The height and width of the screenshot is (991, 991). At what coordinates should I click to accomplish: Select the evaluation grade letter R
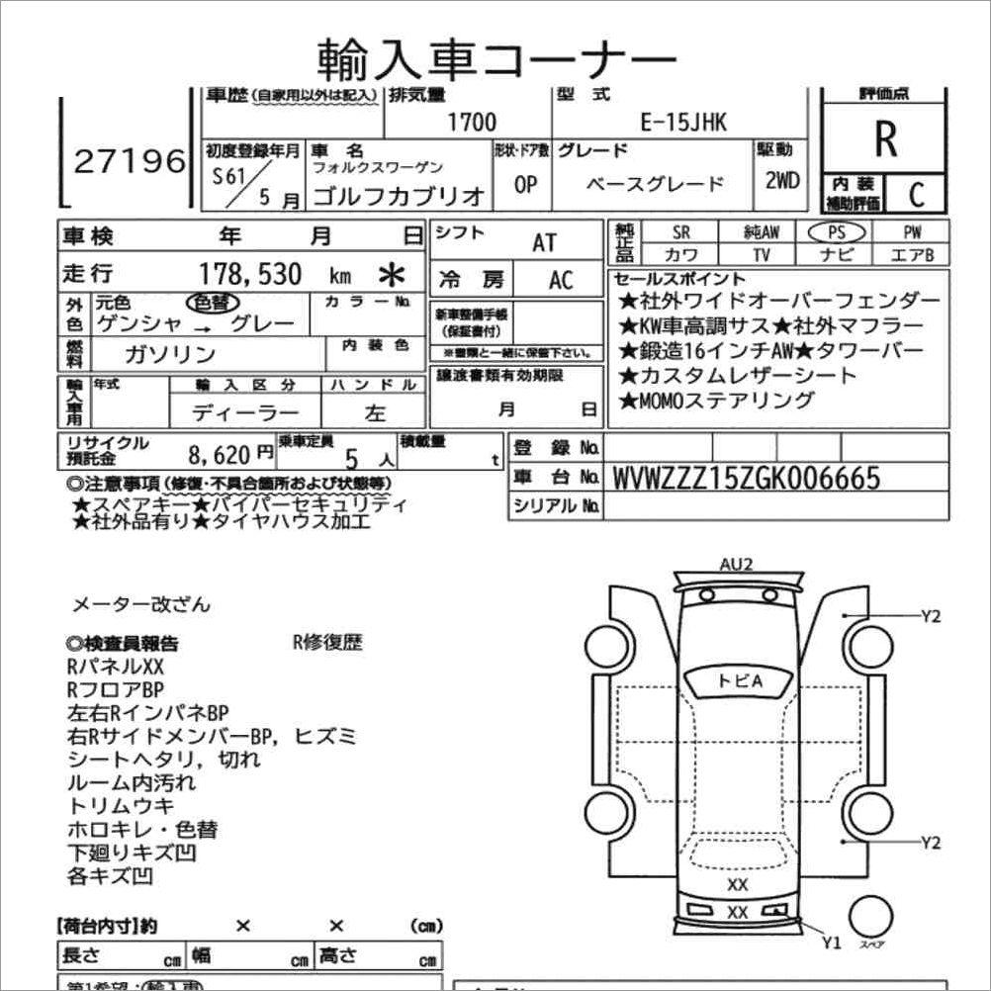tap(885, 140)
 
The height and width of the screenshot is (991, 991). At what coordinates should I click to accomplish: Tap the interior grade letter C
tap(915, 195)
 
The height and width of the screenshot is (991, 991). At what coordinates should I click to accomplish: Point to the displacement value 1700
tap(472, 123)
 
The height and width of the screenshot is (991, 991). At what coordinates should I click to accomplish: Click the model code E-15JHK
tap(683, 123)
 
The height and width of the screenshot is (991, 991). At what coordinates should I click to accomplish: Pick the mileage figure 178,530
tap(251, 274)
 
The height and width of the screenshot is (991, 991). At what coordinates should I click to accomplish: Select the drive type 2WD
tap(781, 182)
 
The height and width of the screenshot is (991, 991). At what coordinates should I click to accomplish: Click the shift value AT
tap(545, 242)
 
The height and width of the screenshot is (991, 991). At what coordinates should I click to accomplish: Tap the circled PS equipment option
tap(836, 231)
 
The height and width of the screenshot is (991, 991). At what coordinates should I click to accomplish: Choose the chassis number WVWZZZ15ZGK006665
tap(747, 479)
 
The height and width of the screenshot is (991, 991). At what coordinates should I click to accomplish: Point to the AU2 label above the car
tap(737, 565)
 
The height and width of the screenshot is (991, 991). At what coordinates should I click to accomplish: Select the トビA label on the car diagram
tap(739, 680)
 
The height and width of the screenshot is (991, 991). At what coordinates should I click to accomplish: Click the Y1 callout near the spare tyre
tap(831, 943)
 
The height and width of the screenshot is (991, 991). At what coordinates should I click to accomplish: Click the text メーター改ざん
tap(140, 604)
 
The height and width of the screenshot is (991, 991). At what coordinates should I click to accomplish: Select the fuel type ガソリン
tap(170, 354)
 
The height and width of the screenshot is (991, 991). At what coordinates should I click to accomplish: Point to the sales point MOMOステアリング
tap(716, 401)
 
